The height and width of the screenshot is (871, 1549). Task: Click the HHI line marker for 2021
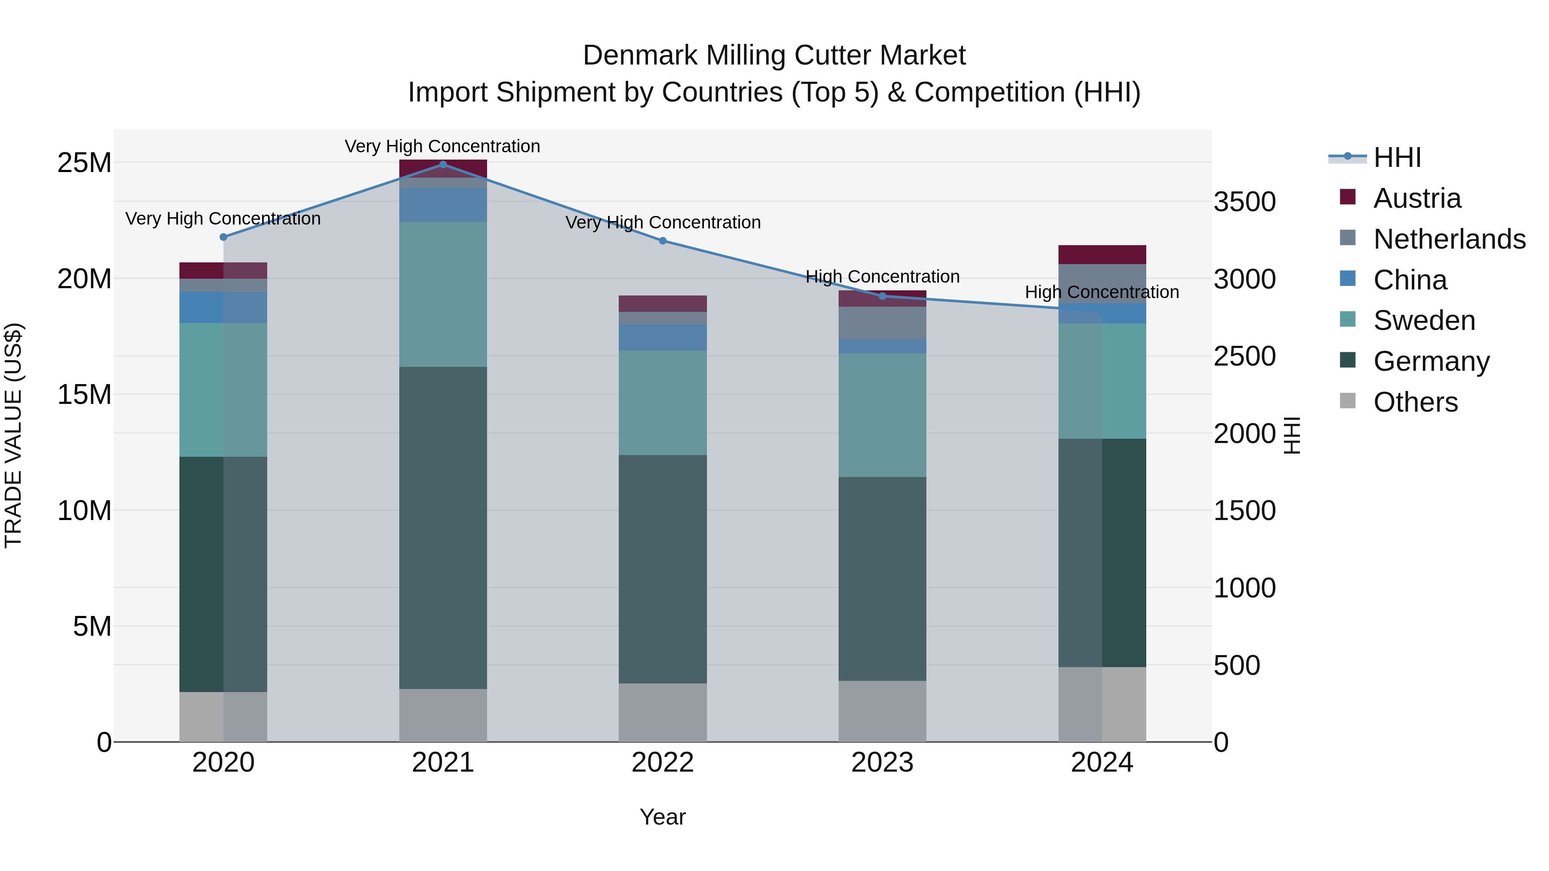pyautogui.click(x=443, y=164)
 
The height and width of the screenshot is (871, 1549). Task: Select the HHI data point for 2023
pyautogui.click(x=882, y=296)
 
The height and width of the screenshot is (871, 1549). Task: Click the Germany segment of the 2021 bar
pyautogui.click(x=443, y=527)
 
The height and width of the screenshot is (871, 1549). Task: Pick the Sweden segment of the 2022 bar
pyautogui.click(x=663, y=402)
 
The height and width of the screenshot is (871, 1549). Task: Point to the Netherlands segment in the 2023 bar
pyautogui.click(x=882, y=323)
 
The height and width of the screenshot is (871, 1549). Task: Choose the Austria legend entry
pyautogui.click(x=1417, y=198)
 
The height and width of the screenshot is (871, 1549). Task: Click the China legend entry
pyautogui.click(x=1410, y=280)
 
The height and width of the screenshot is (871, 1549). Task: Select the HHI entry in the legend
pyautogui.click(x=1396, y=157)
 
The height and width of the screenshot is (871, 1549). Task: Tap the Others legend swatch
pyautogui.click(x=1348, y=401)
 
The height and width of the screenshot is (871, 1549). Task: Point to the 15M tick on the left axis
pyautogui.click(x=84, y=395)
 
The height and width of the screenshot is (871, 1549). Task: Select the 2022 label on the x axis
pyautogui.click(x=663, y=763)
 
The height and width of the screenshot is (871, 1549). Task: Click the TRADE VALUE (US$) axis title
pyautogui.click(x=13, y=435)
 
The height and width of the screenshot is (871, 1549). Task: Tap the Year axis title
pyautogui.click(x=663, y=817)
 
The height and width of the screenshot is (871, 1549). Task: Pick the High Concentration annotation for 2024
pyautogui.click(x=1102, y=292)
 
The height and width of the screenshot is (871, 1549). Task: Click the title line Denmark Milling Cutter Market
pyautogui.click(x=774, y=55)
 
